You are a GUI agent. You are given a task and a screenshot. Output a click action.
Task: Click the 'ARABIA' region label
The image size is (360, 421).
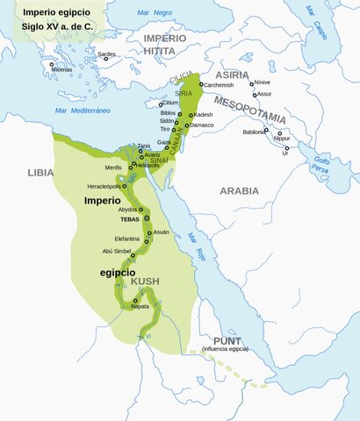pos(239,189)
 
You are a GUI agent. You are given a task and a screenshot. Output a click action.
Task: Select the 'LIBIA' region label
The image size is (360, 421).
pos(40,173)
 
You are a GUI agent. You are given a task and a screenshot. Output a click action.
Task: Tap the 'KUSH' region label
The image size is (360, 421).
pos(145,281)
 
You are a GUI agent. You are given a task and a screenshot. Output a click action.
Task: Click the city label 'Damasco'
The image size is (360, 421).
pos(202,125)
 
